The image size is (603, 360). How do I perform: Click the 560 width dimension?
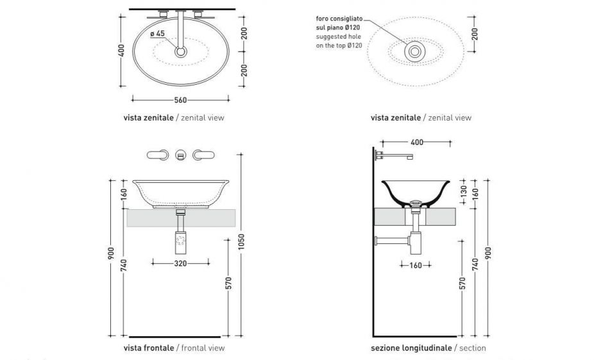pyautogui.click(x=180, y=99)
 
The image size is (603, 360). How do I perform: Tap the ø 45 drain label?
pyautogui.click(x=157, y=33)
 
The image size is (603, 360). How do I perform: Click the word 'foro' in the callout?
pyautogui.click(x=323, y=19)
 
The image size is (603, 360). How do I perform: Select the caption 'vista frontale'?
pyautogui.click(x=149, y=348)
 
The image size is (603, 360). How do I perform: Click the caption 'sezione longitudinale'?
pyautogui.click(x=411, y=348)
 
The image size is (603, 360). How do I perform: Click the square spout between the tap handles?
pyautogui.click(x=181, y=154)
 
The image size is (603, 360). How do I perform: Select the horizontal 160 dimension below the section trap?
pyautogui.click(x=416, y=264)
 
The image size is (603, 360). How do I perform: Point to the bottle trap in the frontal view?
pyautogui.click(x=181, y=241)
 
